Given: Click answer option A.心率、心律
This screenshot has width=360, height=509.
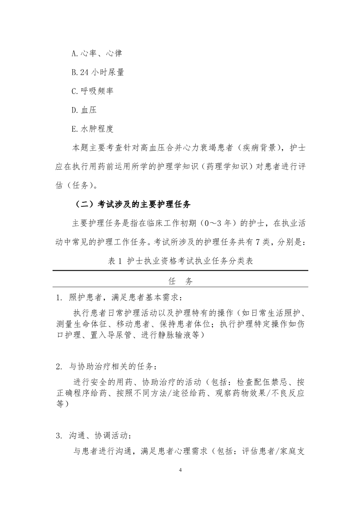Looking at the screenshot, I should (97, 53).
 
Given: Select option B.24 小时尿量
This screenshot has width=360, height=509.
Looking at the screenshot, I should (98, 72).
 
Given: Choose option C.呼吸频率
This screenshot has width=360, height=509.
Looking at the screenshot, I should (92, 91).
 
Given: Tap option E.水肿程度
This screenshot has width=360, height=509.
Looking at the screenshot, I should (92, 129).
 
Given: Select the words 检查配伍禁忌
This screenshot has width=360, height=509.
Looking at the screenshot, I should (265, 381).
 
